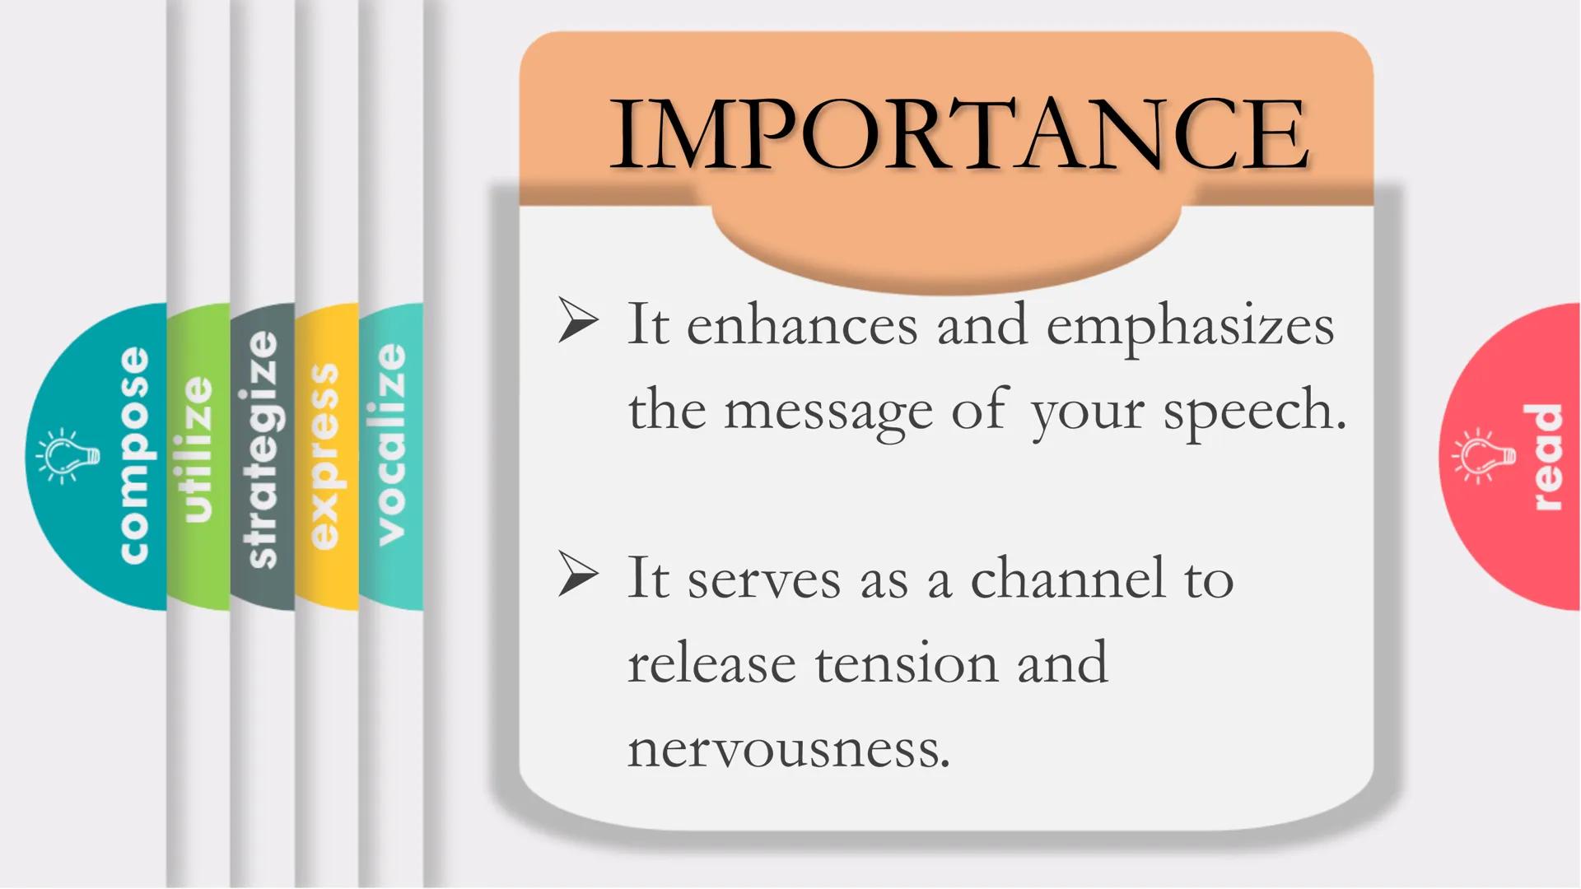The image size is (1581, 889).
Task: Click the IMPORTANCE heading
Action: pos(959,134)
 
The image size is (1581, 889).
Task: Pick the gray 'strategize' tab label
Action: pos(263,449)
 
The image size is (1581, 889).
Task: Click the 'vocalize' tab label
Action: pos(391,444)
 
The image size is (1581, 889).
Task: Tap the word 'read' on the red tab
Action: pos(1546,457)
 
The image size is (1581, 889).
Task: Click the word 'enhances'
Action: pos(801,326)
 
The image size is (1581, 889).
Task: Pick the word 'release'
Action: pos(711,663)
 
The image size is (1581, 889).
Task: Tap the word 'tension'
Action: pos(906,663)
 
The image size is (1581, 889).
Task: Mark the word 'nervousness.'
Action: pos(789,750)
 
